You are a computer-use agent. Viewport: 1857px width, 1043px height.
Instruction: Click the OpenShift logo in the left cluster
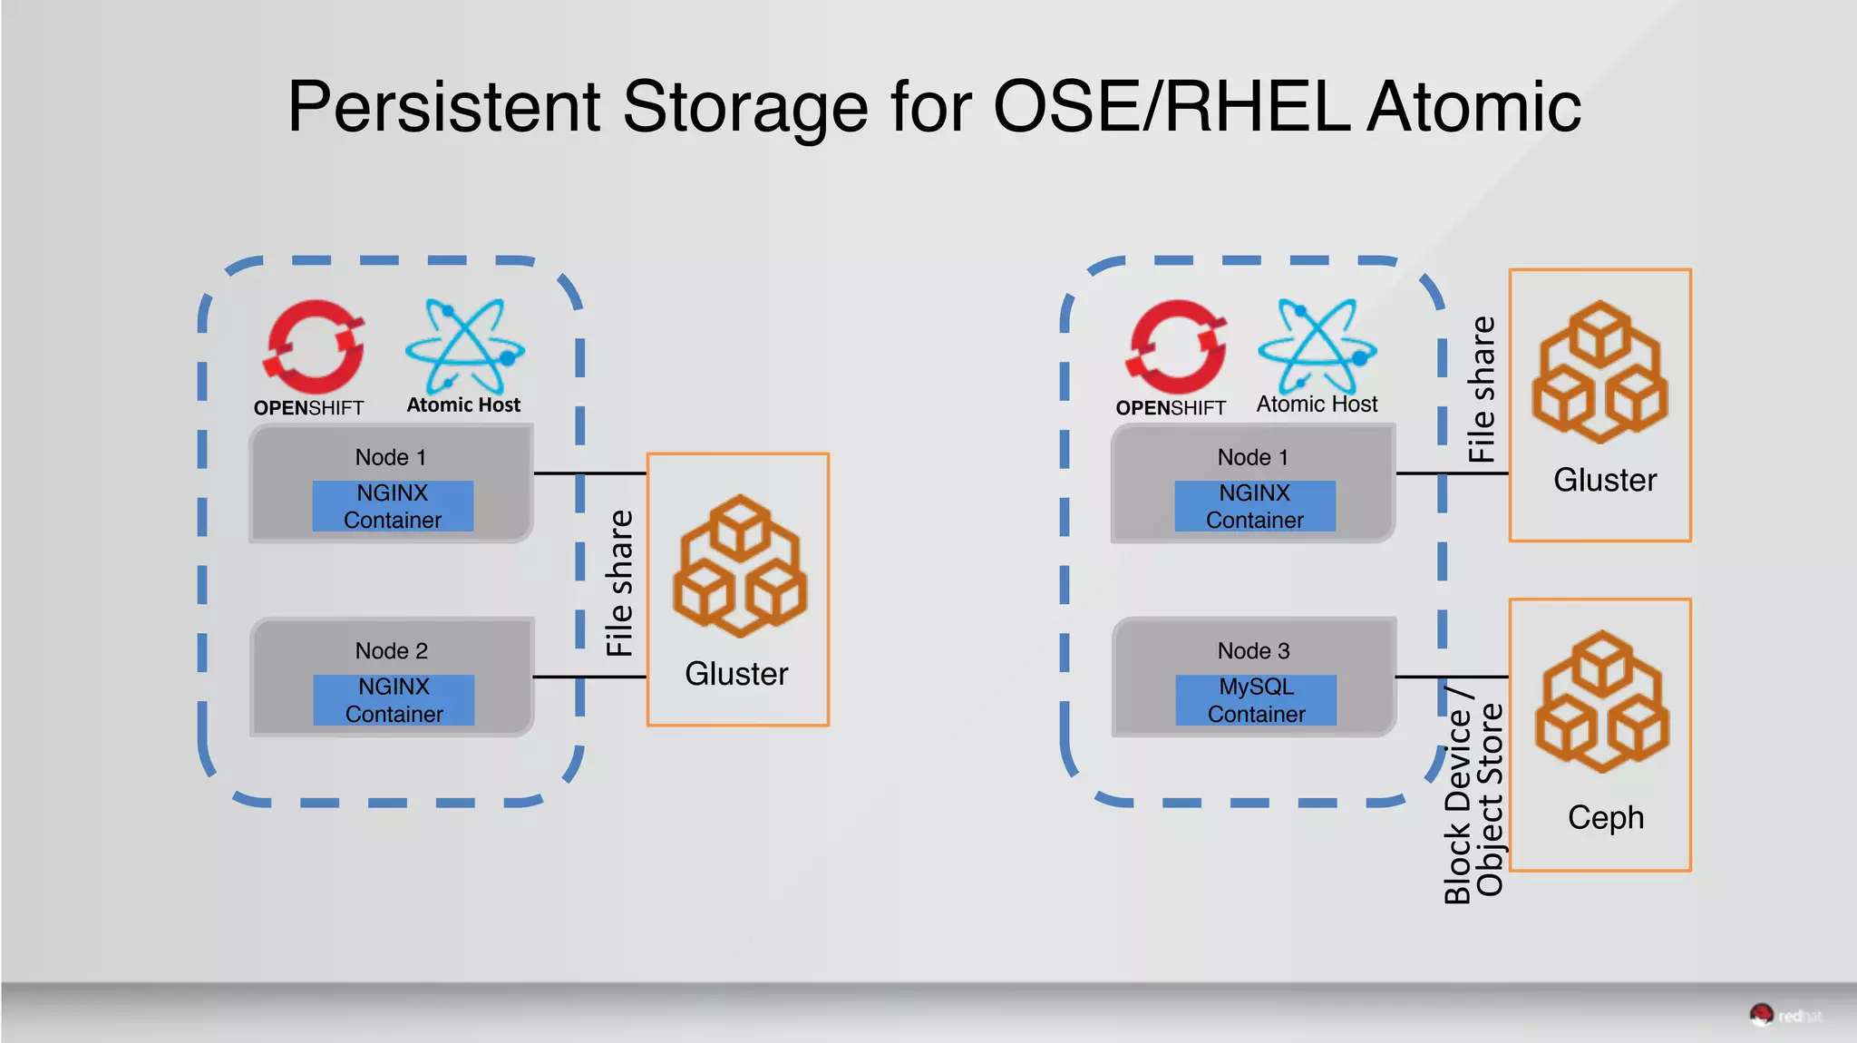click(314, 346)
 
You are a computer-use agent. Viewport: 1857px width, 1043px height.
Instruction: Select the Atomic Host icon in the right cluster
click(1317, 345)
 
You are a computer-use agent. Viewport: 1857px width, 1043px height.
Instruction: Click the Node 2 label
click(391, 650)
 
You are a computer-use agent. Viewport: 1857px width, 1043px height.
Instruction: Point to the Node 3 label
click(1253, 650)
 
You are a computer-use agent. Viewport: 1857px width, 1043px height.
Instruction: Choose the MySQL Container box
click(1256, 699)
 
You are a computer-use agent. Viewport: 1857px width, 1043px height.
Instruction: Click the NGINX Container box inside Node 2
click(394, 699)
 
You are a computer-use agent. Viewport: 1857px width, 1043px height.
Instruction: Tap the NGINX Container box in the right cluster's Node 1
click(1255, 506)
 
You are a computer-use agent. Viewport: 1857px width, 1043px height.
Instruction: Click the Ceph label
click(1605, 817)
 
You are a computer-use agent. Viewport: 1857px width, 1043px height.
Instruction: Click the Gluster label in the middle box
click(736, 674)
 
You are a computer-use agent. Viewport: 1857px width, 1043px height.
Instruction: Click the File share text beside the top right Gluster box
click(1481, 390)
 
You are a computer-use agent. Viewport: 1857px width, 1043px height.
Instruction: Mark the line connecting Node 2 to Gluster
click(589, 677)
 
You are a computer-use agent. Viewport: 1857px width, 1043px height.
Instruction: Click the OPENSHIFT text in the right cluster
click(1171, 408)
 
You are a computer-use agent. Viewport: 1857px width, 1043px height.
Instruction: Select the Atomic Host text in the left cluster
click(463, 405)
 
